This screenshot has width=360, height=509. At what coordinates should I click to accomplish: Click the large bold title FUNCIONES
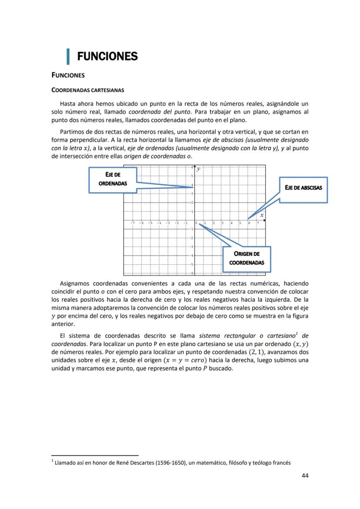pyautogui.click(x=107, y=57)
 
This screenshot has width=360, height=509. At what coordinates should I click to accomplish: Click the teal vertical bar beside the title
pyautogui.click(x=68, y=57)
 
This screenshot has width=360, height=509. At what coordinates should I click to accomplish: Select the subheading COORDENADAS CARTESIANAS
pyautogui.click(x=88, y=90)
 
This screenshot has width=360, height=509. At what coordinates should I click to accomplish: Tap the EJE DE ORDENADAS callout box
pyautogui.click(x=113, y=180)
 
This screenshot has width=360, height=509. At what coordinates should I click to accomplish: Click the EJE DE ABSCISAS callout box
pyautogui.click(x=303, y=190)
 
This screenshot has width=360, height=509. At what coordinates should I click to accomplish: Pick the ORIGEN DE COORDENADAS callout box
pyautogui.click(x=246, y=259)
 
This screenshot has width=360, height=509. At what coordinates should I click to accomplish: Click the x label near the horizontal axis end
pyautogui.click(x=262, y=215)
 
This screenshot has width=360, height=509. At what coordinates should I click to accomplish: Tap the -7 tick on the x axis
pyautogui.click(x=132, y=223)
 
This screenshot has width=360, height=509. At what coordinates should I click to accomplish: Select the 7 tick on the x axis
pyautogui.click(x=258, y=223)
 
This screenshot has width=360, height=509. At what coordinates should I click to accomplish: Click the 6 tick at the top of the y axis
pyautogui.click(x=192, y=167)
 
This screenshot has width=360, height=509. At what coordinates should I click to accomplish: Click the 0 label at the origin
pyautogui.click(x=197, y=223)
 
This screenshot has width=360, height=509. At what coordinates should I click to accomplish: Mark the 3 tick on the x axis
pyautogui.click(x=223, y=223)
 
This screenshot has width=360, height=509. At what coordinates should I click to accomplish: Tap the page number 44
pyautogui.click(x=305, y=476)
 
